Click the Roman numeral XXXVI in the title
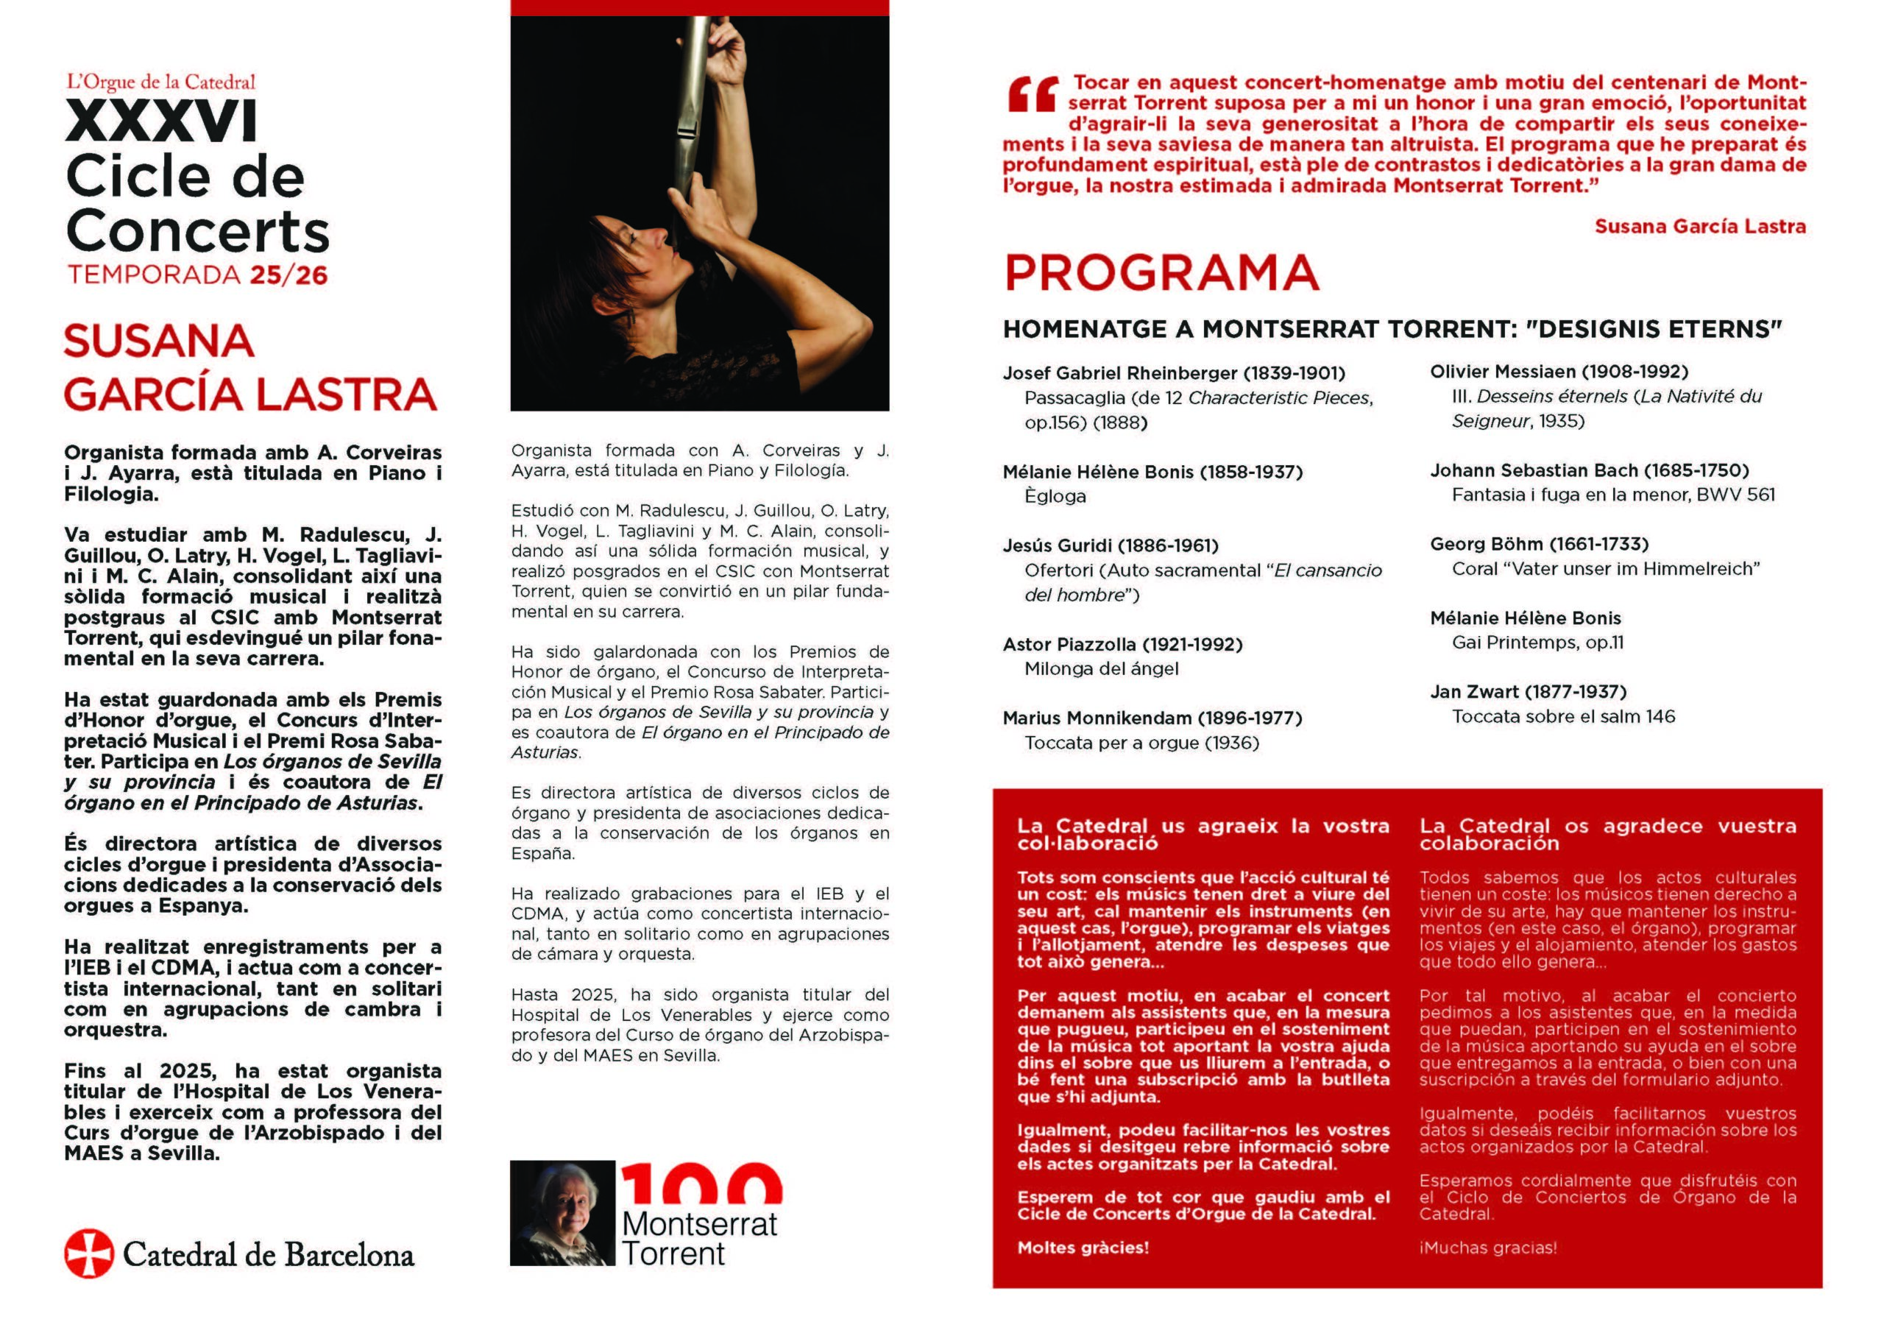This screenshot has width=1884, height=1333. click(x=162, y=122)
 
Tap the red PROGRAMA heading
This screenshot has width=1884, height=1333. click(x=1161, y=272)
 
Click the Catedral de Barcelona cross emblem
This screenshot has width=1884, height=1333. click(x=88, y=1254)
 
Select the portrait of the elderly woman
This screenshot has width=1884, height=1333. click(x=562, y=1212)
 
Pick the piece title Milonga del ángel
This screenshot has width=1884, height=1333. click(x=1101, y=669)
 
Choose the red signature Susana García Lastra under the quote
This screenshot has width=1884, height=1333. click(x=1699, y=227)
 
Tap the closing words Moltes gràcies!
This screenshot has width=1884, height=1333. click(x=1083, y=1248)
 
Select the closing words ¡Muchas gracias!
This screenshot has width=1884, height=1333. click(x=1487, y=1248)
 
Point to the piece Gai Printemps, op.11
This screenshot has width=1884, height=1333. click(x=1537, y=643)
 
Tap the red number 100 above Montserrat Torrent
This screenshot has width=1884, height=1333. click(x=701, y=1184)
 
